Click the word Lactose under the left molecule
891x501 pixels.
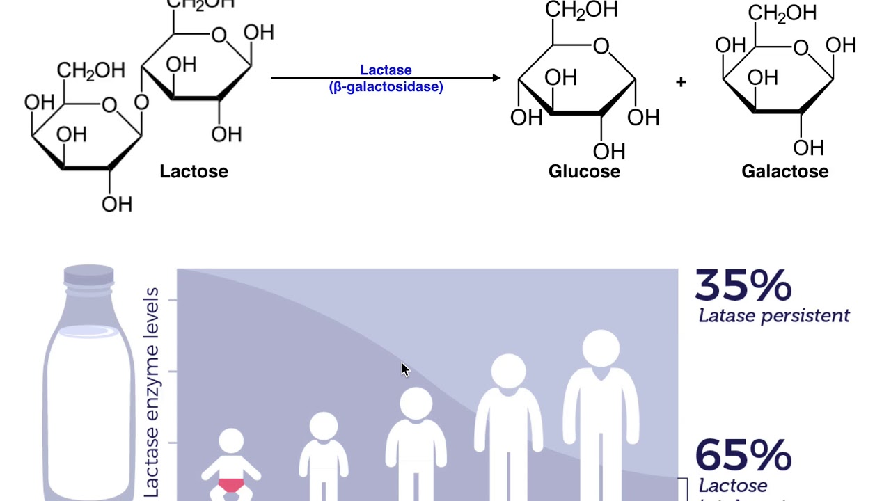click(194, 171)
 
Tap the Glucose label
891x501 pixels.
click(584, 171)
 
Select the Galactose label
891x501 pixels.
click(784, 171)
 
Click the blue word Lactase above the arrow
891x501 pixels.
click(386, 70)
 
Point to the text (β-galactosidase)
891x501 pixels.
click(386, 87)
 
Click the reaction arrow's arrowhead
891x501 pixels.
click(496, 78)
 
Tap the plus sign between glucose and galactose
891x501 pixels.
click(681, 82)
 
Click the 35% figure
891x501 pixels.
click(743, 285)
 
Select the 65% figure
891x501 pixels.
click(743, 454)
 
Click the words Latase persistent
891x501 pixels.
click(773, 316)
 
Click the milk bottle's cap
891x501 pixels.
click(88, 275)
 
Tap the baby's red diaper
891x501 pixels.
click(231, 486)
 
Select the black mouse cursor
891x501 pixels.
click(405, 369)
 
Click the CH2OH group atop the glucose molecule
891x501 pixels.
click(581, 10)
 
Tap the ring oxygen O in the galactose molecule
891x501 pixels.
click(801, 47)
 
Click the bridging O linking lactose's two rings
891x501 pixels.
click(141, 103)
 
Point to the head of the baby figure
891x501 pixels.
click(231, 441)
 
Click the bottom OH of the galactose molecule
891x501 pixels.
click(807, 148)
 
